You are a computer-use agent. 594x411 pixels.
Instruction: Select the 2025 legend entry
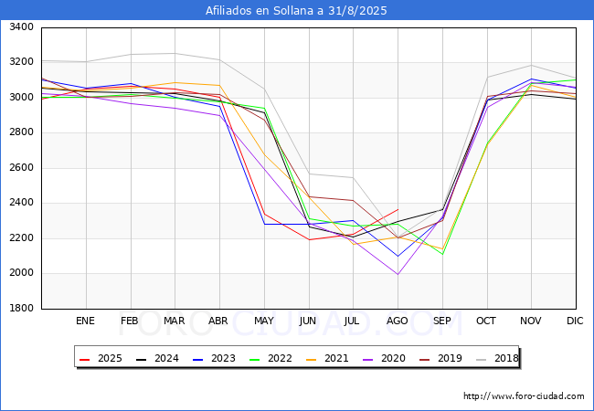tap(101, 358)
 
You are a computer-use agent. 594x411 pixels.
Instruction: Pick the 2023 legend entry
tap(214, 358)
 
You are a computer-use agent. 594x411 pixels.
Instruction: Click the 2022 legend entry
tap(270, 358)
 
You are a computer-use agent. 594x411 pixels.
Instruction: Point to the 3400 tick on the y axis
tap(21, 26)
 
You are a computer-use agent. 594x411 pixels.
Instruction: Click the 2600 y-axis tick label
tap(21, 167)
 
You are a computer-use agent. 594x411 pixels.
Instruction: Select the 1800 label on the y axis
tap(21, 308)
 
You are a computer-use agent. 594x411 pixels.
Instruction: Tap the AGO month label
tap(397, 321)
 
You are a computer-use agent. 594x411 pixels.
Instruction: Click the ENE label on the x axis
tap(85, 321)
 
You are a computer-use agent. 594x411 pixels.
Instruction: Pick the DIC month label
tap(575, 321)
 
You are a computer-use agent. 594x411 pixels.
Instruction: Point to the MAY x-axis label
tap(264, 321)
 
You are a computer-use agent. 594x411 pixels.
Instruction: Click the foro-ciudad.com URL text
tap(524, 396)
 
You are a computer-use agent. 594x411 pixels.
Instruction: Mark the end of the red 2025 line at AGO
tap(398, 209)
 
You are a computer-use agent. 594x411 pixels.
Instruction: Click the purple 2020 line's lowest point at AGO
tap(398, 274)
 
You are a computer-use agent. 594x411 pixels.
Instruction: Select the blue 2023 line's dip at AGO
tap(398, 257)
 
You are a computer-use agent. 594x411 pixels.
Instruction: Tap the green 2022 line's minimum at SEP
tap(442, 254)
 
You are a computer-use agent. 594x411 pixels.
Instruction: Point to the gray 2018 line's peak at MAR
tap(175, 53)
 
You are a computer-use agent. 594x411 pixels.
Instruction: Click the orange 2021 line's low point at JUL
tap(354, 244)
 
